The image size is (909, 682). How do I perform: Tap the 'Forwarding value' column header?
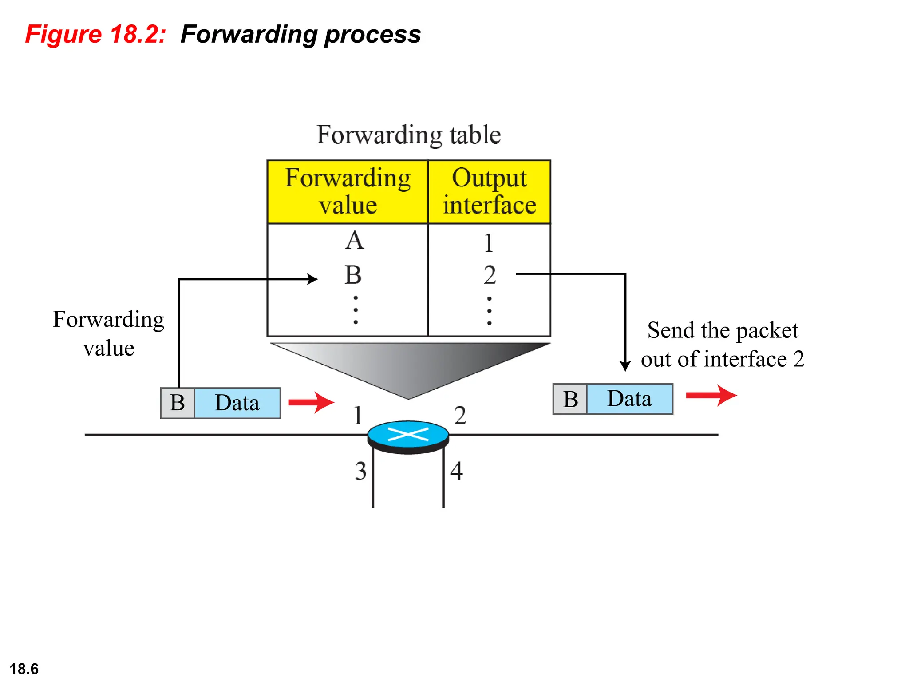tap(348, 191)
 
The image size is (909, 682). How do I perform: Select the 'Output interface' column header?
tap(489, 191)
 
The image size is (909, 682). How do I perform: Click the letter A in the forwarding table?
tap(355, 241)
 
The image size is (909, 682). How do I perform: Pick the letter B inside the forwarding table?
tap(353, 275)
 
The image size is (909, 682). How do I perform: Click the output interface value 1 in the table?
tap(489, 243)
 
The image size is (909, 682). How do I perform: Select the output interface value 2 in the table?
tap(490, 275)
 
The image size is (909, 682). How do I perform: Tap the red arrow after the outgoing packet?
tap(711, 395)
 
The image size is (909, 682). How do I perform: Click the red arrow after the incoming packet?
tap(311, 402)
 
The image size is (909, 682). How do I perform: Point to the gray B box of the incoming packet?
tap(178, 403)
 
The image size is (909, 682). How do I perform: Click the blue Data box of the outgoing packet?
tap(629, 399)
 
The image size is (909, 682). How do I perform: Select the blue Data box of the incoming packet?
tap(237, 403)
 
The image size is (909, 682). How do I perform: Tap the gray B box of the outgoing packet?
tap(570, 399)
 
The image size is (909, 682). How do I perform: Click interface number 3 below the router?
tap(360, 471)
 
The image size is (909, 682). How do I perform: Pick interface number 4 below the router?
tap(456, 471)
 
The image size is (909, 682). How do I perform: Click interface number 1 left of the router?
tap(358, 416)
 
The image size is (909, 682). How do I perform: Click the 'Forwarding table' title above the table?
tap(408, 135)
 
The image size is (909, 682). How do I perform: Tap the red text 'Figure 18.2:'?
tap(95, 34)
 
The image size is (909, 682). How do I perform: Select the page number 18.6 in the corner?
tap(24, 669)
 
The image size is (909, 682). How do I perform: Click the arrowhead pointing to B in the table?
tap(313, 279)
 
